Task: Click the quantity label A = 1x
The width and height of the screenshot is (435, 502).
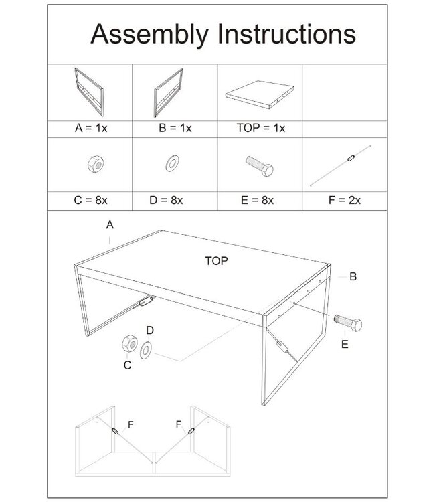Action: coord(89,128)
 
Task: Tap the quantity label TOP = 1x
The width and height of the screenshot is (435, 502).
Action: coord(261,128)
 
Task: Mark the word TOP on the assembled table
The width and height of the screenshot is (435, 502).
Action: coord(217,262)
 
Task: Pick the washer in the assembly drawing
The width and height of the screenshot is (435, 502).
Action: coord(146,349)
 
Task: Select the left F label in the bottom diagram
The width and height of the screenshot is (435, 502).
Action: coord(131,424)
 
